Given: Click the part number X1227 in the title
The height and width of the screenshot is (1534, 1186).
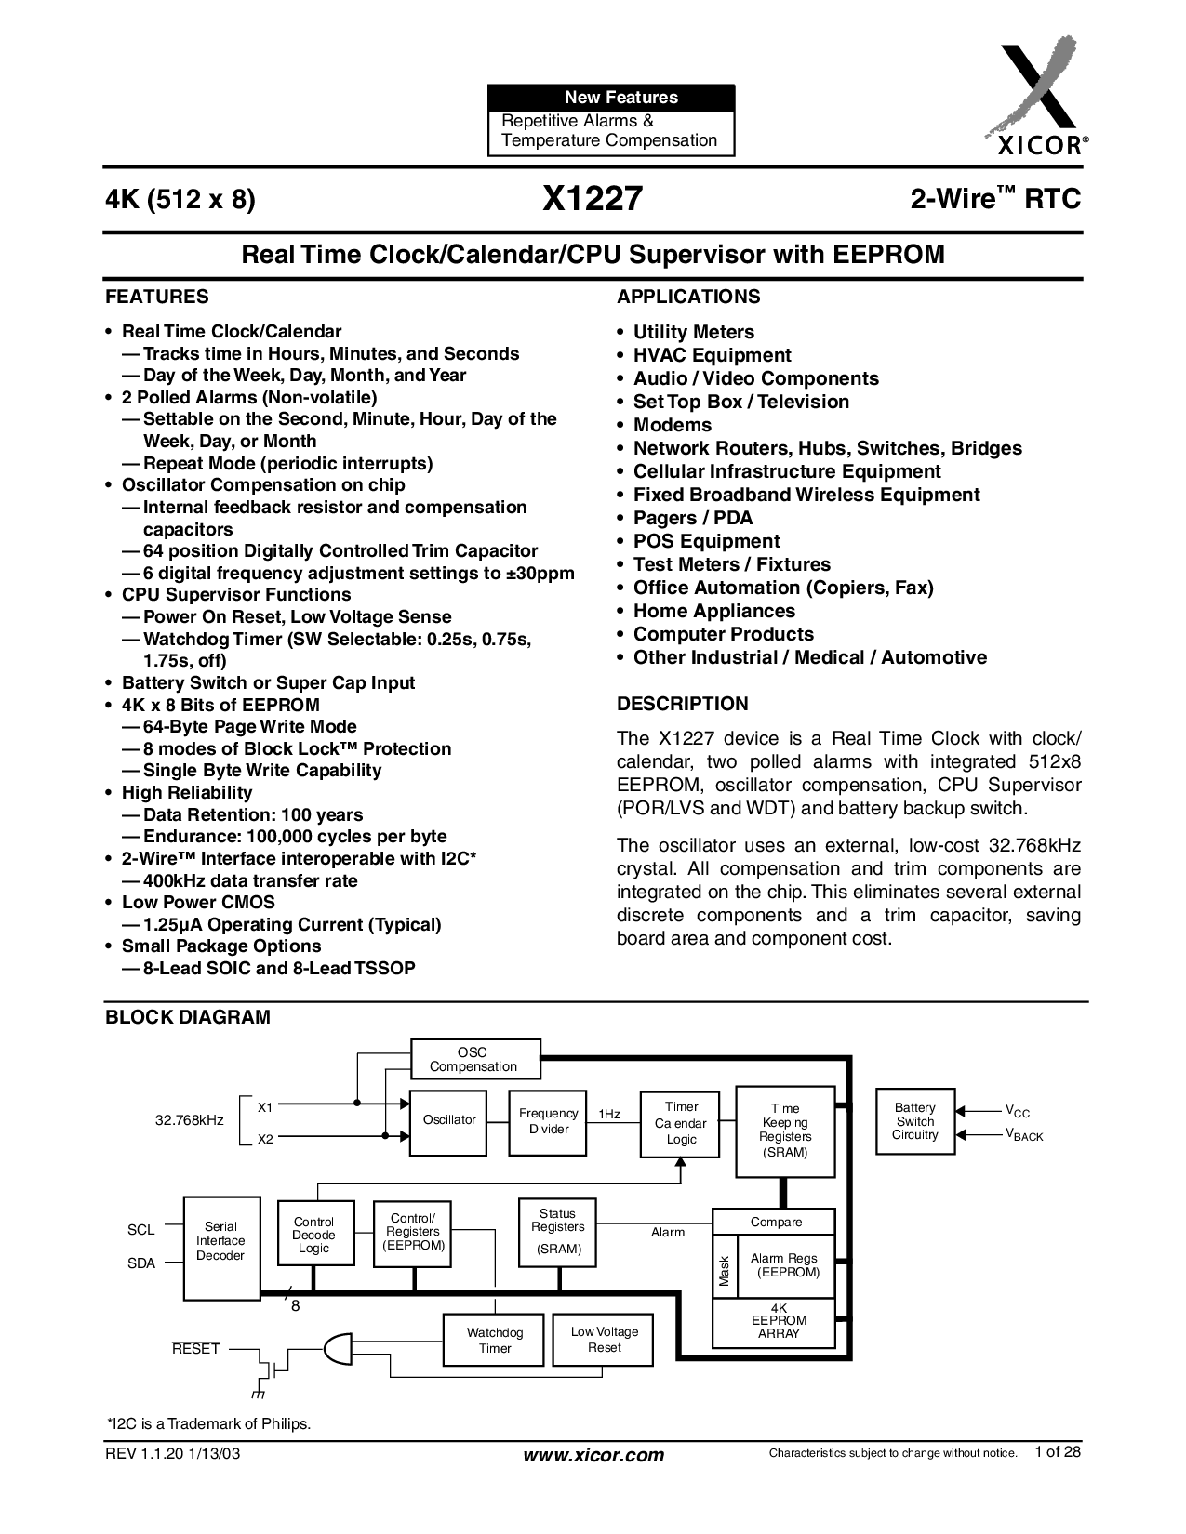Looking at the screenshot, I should (x=592, y=198).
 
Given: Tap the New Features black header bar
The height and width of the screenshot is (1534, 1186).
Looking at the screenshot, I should (x=610, y=98).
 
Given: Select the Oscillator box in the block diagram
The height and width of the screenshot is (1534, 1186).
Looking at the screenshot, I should (x=449, y=1120).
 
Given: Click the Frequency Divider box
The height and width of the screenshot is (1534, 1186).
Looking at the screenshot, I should (x=548, y=1121).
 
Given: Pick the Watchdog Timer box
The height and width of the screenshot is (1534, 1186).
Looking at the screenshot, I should (x=495, y=1341).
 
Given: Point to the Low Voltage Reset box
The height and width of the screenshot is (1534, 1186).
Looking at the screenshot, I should (x=604, y=1340).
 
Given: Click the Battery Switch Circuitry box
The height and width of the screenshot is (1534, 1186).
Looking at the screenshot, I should (x=915, y=1121).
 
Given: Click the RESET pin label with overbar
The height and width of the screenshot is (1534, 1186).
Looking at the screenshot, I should (x=195, y=1349).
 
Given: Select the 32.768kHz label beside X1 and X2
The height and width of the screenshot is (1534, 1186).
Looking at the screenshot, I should (x=189, y=1120).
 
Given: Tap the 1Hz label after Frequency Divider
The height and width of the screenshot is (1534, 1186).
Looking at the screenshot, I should (x=609, y=1114).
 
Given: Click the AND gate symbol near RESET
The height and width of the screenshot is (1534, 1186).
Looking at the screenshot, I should (x=338, y=1347).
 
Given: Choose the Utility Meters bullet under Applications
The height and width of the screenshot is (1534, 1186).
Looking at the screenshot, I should (x=693, y=332).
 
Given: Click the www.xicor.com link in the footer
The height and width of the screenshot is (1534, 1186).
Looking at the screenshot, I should (x=595, y=1455).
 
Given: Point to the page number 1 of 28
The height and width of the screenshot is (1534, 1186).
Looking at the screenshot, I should (x=1058, y=1452).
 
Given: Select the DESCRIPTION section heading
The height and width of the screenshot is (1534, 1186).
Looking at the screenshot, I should (x=682, y=704).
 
